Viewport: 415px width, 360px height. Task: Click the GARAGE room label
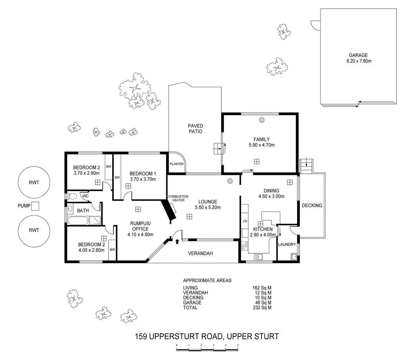pyautogui.click(x=358, y=55)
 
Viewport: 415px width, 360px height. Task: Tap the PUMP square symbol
pyautogui.click(x=36, y=206)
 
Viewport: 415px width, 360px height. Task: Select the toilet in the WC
pyautogui.click(x=71, y=196)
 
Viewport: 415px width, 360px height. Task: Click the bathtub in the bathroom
pyautogui.click(x=78, y=220)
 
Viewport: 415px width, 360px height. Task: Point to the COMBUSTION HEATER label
pyautogui.click(x=178, y=198)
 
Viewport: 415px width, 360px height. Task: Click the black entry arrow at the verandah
pyautogui.click(x=177, y=241)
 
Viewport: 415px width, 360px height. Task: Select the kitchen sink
pyautogui.click(x=259, y=257)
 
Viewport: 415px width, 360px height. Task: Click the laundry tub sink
pyautogui.click(x=294, y=257)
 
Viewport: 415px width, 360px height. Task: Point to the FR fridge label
pyautogui.click(x=245, y=221)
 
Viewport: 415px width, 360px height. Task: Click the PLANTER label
pyautogui.click(x=177, y=164)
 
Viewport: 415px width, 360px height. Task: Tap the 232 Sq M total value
pyautogui.click(x=262, y=307)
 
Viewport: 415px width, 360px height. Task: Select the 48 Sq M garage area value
pyautogui.click(x=263, y=303)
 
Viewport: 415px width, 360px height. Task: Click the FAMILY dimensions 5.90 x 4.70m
pyautogui.click(x=262, y=145)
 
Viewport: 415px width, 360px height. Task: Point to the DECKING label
pyautogui.click(x=312, y=205)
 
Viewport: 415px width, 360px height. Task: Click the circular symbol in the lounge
pyautogui.click(x=230, y=181)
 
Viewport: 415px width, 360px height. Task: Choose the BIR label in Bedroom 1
pyautogui.click(x=117, y=178)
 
